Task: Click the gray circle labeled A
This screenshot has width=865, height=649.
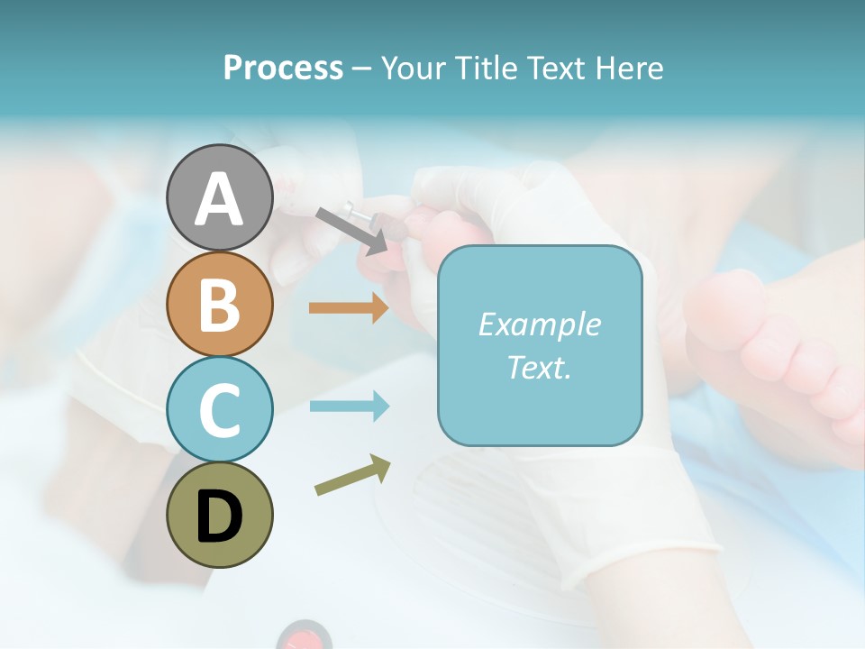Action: [x=219, y=197]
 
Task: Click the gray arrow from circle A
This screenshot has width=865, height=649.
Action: [x=351, y=231]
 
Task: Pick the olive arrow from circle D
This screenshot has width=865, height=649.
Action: [x=352, y=475]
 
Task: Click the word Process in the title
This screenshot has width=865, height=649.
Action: [x=283, y=68]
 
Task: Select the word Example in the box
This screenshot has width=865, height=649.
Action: [x=539, y=324]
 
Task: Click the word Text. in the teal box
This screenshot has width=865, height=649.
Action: [x=539, y=367]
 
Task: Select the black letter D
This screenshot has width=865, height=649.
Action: [x=219, y=515]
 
